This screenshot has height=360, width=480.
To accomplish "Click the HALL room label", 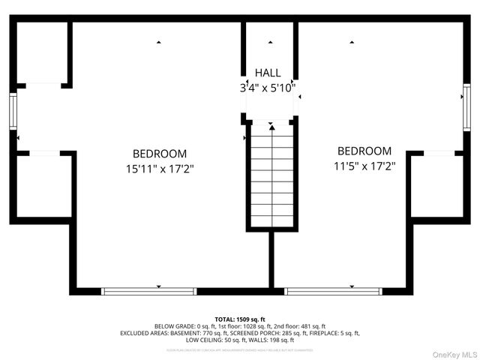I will pyautogui.click(x=268, y=73).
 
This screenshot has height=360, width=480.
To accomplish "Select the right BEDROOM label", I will pyautogui.click(x=364, y=151).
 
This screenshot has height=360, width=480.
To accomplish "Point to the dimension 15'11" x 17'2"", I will pyautogui.click(x=160, y=168).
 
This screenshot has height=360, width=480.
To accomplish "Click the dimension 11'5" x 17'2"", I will pyautogui.click(x=364, y=166).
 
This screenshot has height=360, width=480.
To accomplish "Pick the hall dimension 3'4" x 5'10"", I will pyautogui.click(x=268, y=88).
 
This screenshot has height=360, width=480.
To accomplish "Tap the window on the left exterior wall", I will pyautogui.click(x=13, y=111).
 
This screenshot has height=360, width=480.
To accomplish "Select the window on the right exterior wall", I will pyautogui.click(x=466, y=110).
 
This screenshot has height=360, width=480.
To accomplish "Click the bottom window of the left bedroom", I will pyautogui.click(x=148, y=291).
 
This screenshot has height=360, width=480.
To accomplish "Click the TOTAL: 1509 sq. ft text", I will pyautogui.click(x=240, y=319).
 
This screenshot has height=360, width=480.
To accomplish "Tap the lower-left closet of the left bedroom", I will pyautogui.click(x=43, y=186).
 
